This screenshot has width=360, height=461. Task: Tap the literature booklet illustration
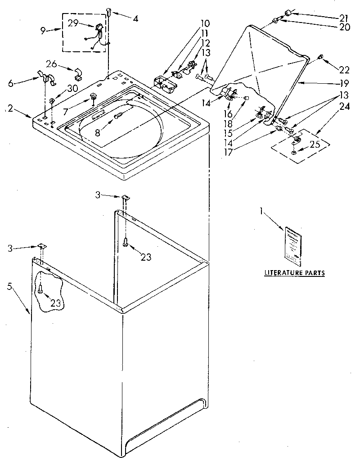pos(292,244)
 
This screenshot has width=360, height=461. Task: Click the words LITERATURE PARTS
pos(294,273)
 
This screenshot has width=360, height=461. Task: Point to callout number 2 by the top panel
pos(10,108)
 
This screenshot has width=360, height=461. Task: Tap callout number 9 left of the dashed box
pos(43,31)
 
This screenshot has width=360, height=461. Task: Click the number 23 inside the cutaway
pos(55,303)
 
